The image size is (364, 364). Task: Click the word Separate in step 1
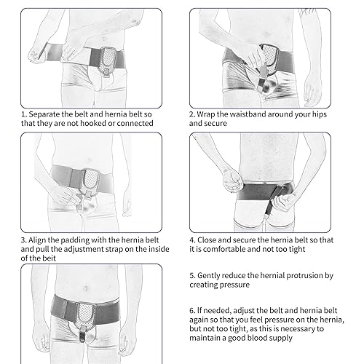[43, 114]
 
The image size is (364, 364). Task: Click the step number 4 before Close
[192, 238]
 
